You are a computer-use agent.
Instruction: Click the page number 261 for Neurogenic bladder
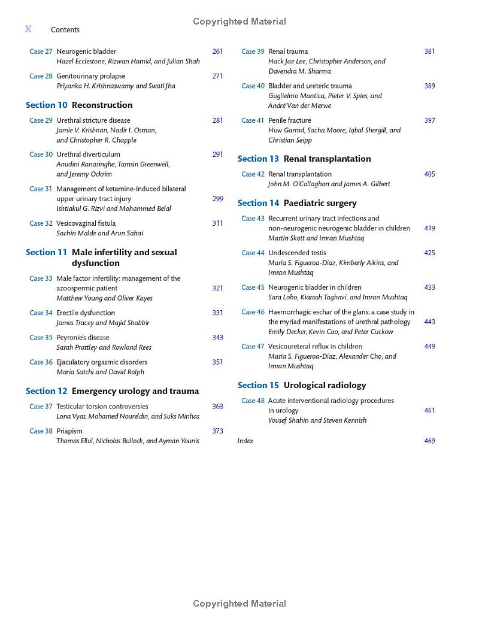point(217,52)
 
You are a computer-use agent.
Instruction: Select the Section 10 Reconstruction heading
point(79,105)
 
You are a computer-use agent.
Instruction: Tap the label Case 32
point(41,223)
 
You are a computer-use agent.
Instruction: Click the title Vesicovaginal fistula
point(86,223)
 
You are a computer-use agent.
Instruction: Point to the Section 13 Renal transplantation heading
point(304,159)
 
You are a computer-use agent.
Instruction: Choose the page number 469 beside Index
point(429,441)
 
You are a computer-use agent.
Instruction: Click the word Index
point(245,441)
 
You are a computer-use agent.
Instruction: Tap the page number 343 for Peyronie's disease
point(217,337)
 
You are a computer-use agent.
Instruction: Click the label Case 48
point(253,401)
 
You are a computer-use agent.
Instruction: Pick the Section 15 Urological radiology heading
point(302,385)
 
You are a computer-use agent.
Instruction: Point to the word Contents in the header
point(65,30)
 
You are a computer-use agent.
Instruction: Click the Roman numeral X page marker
point(28,29)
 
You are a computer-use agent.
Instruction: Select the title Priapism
point(69,431)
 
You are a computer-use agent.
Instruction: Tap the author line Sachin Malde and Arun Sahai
point(100,233)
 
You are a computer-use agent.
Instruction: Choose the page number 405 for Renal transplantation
point(429,174)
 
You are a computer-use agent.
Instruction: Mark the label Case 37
point(41,407)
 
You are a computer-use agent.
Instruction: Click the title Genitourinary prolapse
point(91,76)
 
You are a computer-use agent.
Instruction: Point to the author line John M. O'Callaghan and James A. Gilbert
point(329,184)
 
